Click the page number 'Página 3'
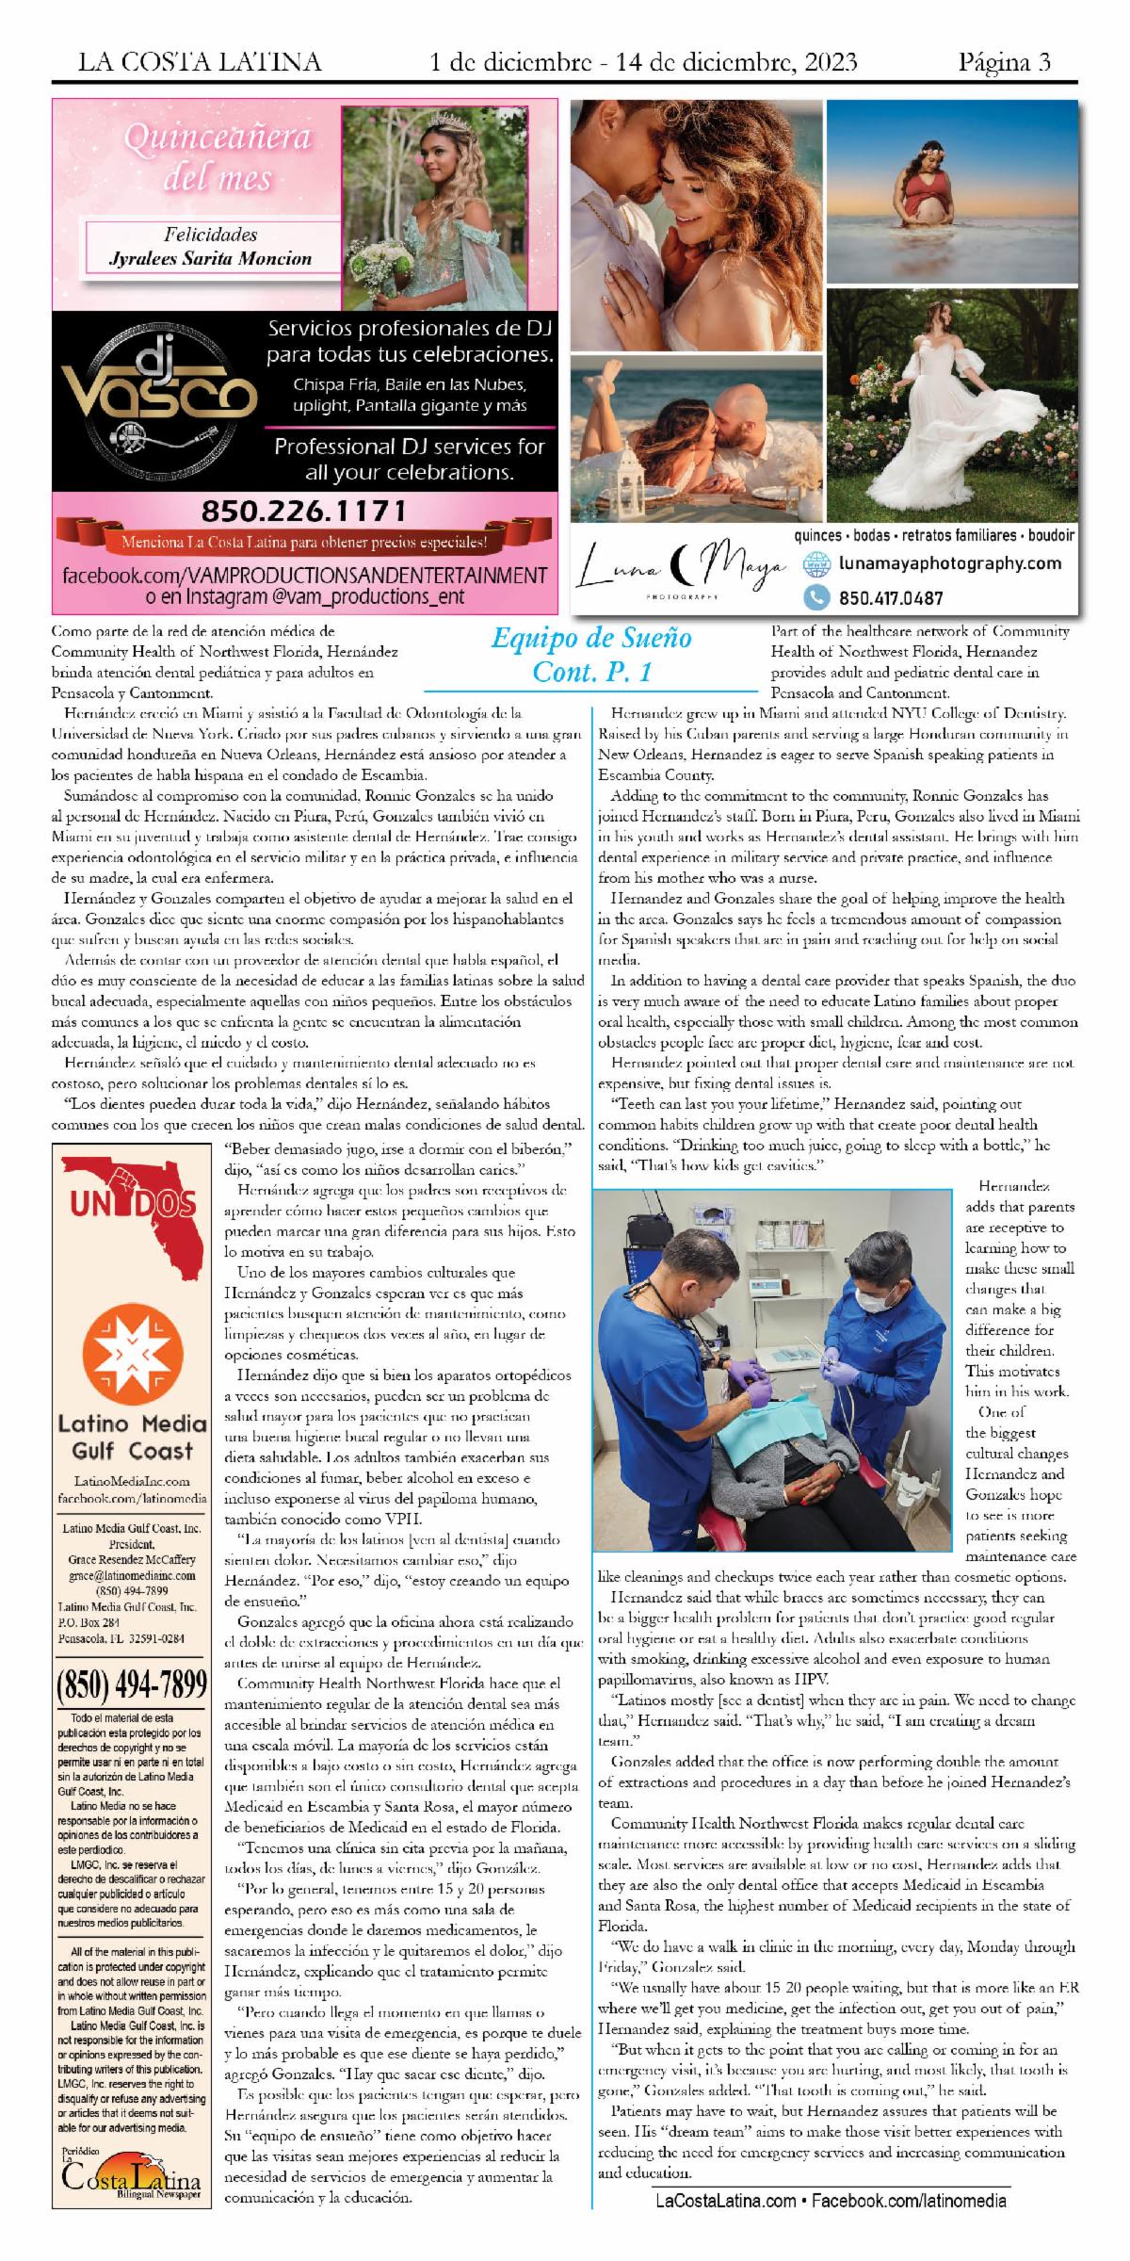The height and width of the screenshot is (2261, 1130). [1004, 62]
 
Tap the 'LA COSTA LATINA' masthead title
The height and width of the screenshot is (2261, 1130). [200, 62]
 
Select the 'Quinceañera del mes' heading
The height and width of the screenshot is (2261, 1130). [218, 157]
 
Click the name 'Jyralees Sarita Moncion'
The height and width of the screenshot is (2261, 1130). [211, 258]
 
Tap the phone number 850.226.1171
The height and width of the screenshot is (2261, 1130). [303, 512]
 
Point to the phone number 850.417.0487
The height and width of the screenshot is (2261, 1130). [890, 597]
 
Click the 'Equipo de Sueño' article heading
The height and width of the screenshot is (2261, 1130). [591, 639]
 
